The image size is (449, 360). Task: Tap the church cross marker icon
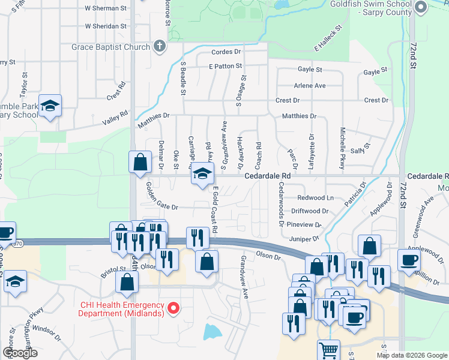(x=159, y=46)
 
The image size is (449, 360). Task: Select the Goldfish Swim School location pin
(x=420, y=8)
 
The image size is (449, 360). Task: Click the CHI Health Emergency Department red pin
(x=174, y=309)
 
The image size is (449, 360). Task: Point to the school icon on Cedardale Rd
(x=202, y=175)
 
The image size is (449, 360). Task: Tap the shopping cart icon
(x=328, y=349)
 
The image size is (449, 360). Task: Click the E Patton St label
(x=225, y=66)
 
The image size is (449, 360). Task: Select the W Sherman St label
(x=106, y=8)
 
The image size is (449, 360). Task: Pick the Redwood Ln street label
(x=315, y=197)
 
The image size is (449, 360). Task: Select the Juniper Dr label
(x=304, y=239)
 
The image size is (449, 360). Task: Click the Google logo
(x=20, y=353)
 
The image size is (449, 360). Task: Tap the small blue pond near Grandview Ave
(x=212, y=331)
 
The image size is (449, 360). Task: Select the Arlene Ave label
(x=310, y=86)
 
